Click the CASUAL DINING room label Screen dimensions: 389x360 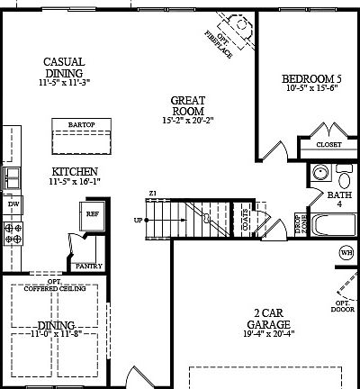(64, 68)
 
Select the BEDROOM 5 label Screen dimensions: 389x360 (310, 78)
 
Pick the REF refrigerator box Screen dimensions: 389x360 (92, 214)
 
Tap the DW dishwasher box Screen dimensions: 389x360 (13, 205)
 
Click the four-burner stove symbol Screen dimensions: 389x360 (13, 234)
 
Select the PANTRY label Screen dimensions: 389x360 (88, 266)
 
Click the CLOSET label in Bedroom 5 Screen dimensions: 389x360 (328, 144)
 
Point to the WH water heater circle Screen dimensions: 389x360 (346, 253)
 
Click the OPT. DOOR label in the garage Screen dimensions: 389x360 (343, 305)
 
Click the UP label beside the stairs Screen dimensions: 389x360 (138, 220)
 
